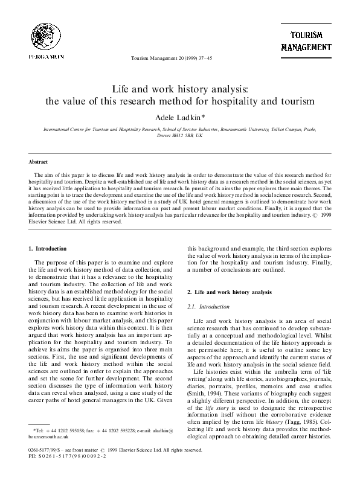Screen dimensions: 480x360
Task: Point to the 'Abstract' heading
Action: [x=39, y=162]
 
